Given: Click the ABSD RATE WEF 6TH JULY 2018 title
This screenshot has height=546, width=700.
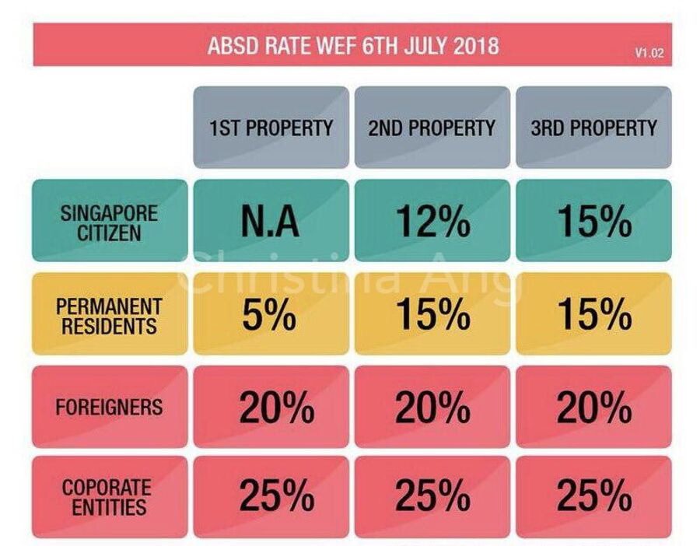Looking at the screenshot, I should [352, 45].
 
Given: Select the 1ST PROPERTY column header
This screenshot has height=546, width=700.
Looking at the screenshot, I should [271, 128].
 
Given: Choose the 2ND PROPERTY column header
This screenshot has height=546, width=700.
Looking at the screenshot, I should [432, 128].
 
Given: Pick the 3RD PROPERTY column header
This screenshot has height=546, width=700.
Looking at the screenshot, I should [593, 128].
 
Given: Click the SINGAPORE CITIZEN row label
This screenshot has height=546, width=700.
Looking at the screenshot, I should [109, 221].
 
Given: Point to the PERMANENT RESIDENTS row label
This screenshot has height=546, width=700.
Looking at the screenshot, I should [109, 314].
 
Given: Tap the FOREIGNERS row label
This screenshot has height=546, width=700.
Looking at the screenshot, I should [109, 407].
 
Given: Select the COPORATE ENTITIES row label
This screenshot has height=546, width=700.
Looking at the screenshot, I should [109, 497].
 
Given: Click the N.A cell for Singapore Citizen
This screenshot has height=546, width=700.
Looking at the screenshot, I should [271, 221].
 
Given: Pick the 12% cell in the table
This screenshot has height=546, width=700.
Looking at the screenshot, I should [432, 221].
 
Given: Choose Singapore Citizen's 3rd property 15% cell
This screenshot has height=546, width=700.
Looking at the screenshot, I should [593, 221].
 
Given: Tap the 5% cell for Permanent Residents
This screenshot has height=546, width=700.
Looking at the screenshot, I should [271, 314].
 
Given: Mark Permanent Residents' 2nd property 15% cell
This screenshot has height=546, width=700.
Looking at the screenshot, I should [432, 314].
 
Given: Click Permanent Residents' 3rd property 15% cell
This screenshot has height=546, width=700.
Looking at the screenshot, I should [593, 314].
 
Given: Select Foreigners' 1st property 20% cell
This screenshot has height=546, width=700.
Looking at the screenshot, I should [271, 407].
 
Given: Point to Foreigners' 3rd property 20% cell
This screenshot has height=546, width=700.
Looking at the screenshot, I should [593, 407].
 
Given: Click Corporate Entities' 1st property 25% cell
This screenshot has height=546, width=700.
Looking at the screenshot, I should [271, 497].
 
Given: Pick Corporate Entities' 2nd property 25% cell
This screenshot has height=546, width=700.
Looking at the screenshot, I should [432, 497].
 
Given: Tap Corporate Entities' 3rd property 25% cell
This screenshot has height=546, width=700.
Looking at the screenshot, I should [593, 497].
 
